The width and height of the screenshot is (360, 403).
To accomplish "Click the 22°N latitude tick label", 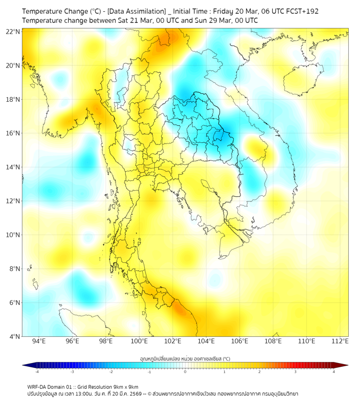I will [x=13, y=31].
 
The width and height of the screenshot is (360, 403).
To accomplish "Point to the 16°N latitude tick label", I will [x=13, y=133].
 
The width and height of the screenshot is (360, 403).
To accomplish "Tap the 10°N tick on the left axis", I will [x=13, y=235].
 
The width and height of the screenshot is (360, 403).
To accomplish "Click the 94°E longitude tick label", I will [x=39, y=341].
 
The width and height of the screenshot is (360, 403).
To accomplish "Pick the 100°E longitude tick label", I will [x=139, y=341].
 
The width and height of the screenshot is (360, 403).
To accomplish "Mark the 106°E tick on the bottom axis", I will [x=240, y=341].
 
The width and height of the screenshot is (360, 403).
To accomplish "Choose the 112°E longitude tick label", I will [x=340, y=341].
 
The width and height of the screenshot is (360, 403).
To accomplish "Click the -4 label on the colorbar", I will [x=36, y=372].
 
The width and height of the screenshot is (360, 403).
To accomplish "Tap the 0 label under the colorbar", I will [x=185, y=372].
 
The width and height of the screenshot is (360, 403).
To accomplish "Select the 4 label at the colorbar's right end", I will [x=334, y=372].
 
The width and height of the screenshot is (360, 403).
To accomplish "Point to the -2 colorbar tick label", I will [x=110, y=372].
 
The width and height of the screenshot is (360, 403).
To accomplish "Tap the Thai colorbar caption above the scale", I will [x=185, y=358].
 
